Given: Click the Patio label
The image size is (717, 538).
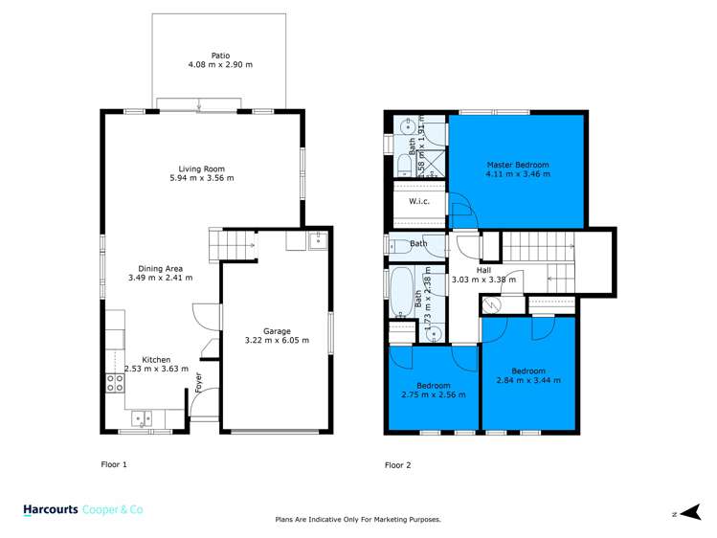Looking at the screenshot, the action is pyautogui.click(x=220, y=56).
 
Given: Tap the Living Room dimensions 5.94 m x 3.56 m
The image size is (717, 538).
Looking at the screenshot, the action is pyautogui.click(x=202, y=178).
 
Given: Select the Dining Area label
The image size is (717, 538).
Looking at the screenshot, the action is pyautogui.click(x=161, y=269).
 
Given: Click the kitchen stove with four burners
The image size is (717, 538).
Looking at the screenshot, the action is pyautogui.click(x=115, y=383).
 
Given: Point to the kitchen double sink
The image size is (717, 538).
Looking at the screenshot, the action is pyautogui.click(x=142, y=418).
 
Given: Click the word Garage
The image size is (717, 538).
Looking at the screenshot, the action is pyautogui.click(x=277, y=331).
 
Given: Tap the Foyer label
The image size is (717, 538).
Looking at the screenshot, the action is pyautogui.click(x=198, y=383).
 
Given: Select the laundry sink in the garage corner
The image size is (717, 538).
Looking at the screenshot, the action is pyautogui.click(x=318, y=240).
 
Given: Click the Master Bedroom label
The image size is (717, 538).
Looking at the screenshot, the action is pyautogui.click(x=518, y=165).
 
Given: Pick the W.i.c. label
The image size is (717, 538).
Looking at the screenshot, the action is pyautogui.click(x=419, y=201).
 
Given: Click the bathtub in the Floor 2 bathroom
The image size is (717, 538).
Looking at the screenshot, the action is pyautogui.click(x=402, y=292).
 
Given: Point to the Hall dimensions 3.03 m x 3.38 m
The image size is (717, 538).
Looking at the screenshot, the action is pyautogui.click(x=483, y=280).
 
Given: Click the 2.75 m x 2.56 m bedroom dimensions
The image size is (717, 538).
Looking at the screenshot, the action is pyautogui.click(x=434, y=394).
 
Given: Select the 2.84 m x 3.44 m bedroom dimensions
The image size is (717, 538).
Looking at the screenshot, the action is pyautogui.click(x=528, y=380).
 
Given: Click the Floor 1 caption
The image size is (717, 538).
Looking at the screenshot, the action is pyautogui.click(x=114, y=464).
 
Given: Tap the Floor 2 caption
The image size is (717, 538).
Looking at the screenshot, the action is pyautogui.click(x=398, y=465).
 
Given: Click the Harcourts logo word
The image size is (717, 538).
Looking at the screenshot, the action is pyautogui.click(x=51, y=509).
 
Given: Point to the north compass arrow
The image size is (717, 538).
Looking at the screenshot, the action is pyautogui.click(x=690, y=512).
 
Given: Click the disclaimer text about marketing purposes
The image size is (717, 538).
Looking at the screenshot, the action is pyautogui.click(x=358, y=519).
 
